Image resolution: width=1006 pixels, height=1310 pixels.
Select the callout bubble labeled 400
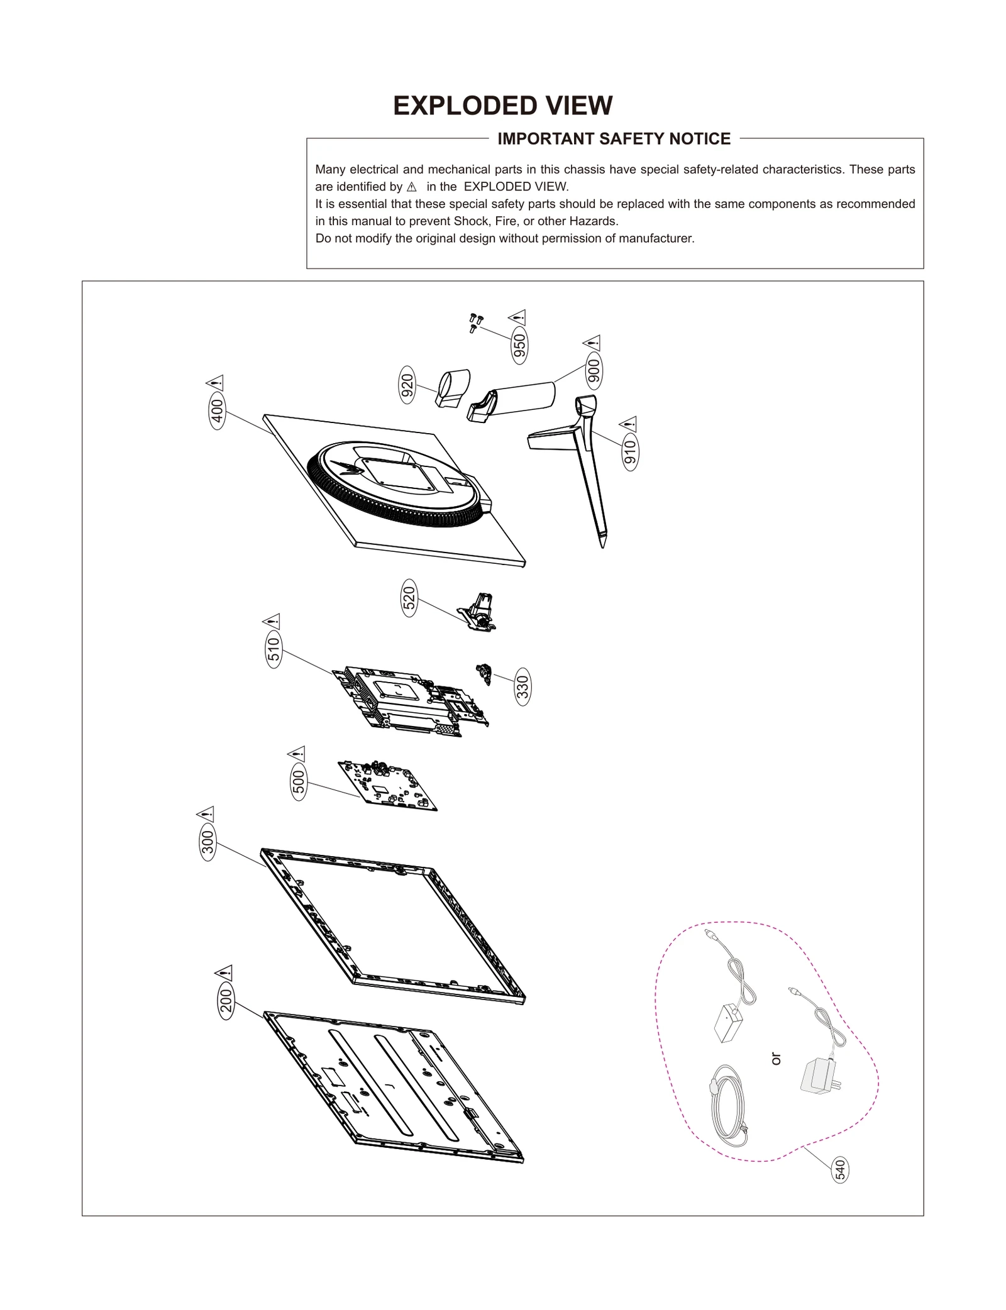click(x=217, y=412)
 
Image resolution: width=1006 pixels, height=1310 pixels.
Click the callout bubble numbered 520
click(x=409, y=600)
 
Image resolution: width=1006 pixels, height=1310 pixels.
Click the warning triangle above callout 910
click(x=628, y=424)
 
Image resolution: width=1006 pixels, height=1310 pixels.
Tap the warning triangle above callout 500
click(x=296, y=753)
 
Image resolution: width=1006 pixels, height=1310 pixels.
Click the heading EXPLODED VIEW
click(x=502, y=106)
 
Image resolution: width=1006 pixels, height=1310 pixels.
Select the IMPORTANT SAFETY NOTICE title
click(x=614, y=139)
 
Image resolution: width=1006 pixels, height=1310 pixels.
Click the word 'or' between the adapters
click(x=776, y=1059)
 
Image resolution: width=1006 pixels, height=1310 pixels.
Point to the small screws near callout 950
click(x=476, y=322)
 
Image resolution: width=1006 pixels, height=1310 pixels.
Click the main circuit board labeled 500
click(x=387, y=785)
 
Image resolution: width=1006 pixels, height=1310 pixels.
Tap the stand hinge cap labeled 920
click(x=453, y=389)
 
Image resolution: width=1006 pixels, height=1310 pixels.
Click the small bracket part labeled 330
click(x=484, y=673)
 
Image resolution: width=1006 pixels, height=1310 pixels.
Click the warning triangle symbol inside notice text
click(x=412, y=187)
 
